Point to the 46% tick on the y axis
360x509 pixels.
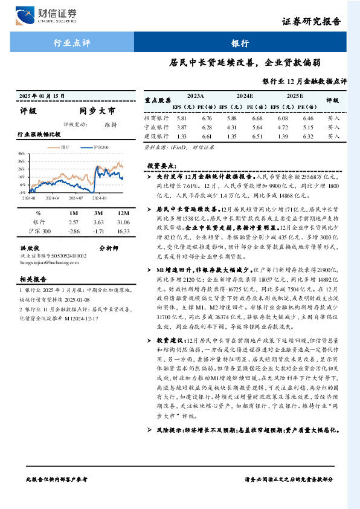point(22,154)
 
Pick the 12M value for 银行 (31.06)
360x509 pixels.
point(124,223)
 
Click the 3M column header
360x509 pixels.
point(99,213)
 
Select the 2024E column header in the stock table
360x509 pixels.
point(245,96)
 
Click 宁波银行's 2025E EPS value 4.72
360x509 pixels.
point(294,128)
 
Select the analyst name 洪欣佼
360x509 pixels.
point(30,248)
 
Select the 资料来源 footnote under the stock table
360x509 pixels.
point(179,147)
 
